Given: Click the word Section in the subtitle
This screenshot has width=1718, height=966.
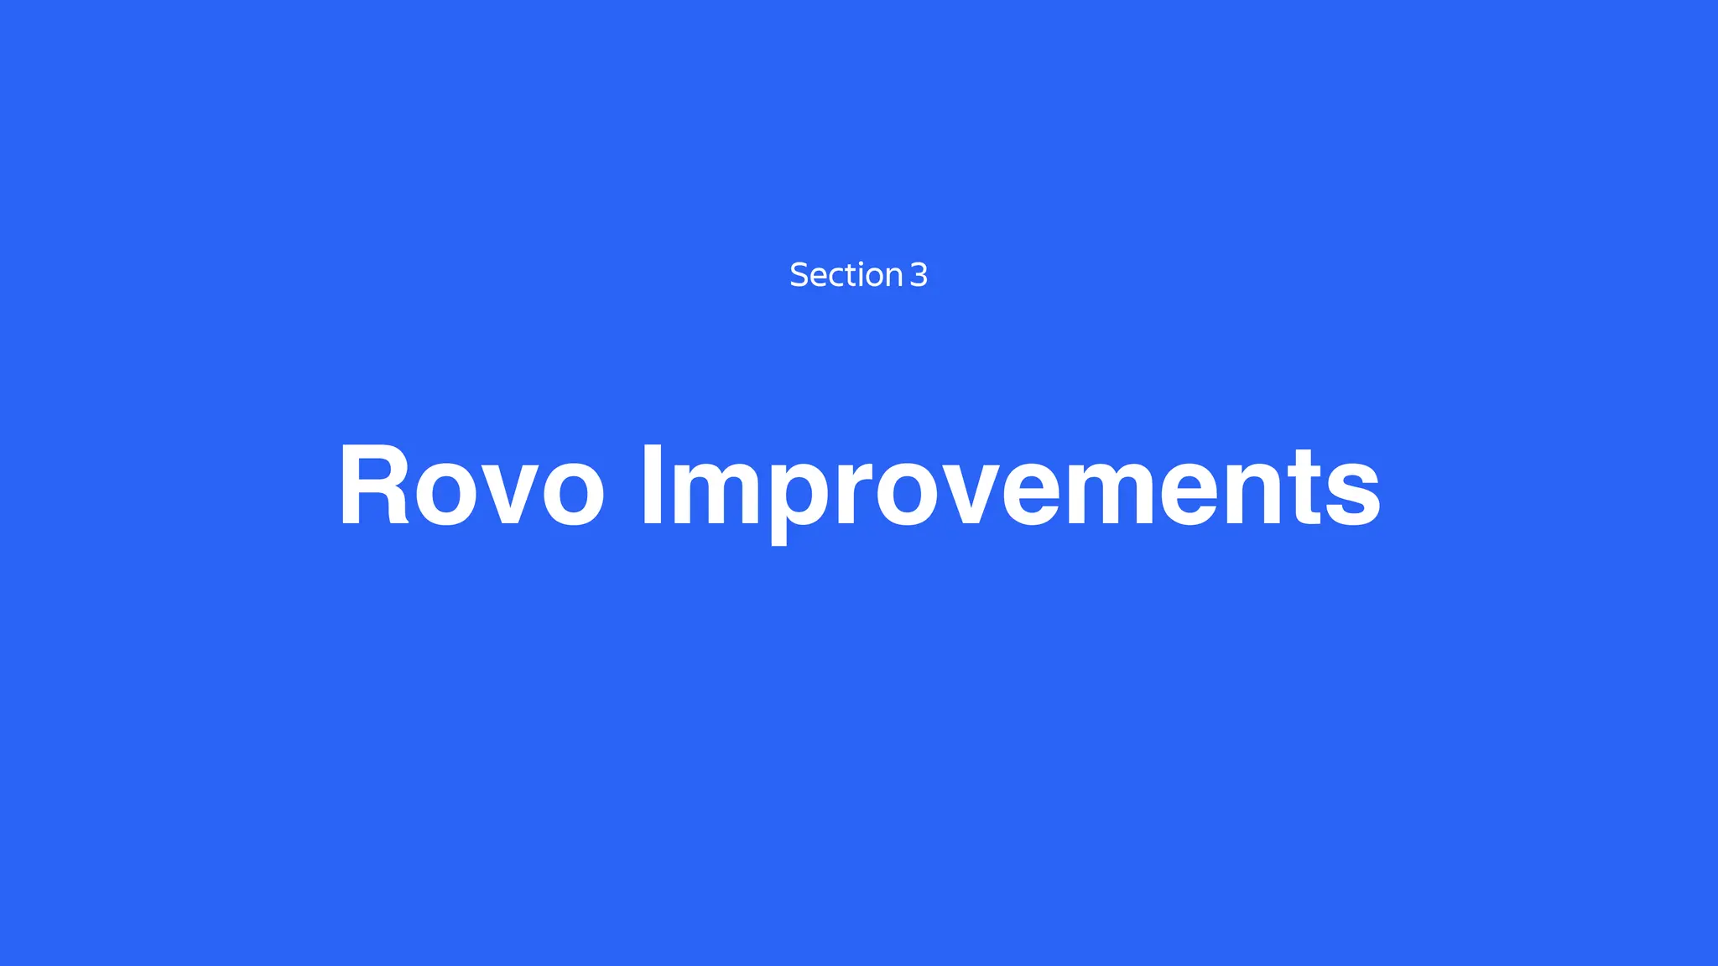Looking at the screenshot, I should click(846, 275).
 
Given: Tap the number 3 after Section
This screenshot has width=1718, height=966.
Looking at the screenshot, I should click(919, 275).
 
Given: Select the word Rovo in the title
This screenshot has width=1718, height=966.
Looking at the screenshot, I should click(471, 486).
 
